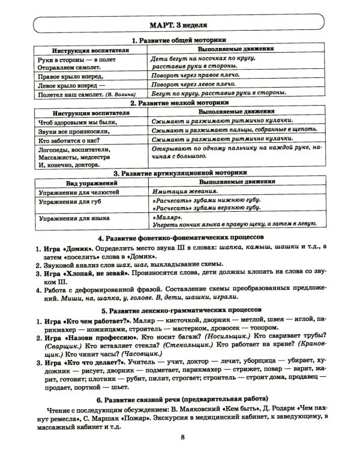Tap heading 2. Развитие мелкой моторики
(179, 103)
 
